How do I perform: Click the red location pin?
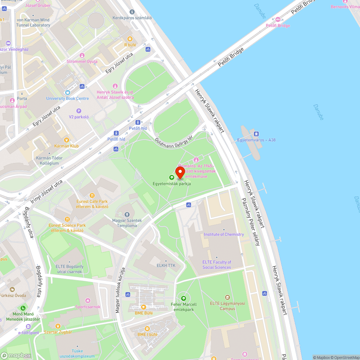click(x=180, y=172)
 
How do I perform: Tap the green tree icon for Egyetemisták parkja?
click(x=172, y=177)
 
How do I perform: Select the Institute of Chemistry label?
click(x=224, y=234)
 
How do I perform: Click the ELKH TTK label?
click(x=166, y=265)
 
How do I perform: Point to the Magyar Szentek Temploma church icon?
click(x=127, y=215)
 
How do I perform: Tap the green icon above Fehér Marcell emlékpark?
click(x=184, y=298)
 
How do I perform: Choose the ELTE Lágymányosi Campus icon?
click(x=227, y=297)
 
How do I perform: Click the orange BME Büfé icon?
click(x=144, y=307)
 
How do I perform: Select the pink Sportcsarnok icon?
click(x=88, y=301)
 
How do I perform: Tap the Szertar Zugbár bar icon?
click(x=58, y=326)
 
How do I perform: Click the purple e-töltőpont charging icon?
click(x=28, y=327)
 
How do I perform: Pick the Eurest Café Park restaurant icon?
click(x=92, y=196)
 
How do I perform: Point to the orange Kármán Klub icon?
click(x=66, y=140)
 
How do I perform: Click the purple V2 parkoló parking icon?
click(x=79, y=111)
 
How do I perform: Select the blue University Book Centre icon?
click(x=67, y=92)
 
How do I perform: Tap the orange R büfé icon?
click(x=130, y=39)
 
